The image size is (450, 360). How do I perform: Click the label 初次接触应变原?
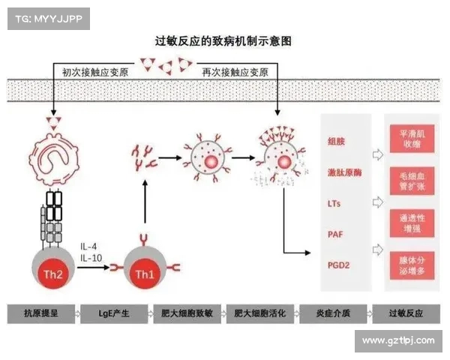pos(90,72)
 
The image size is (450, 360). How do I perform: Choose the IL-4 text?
pos(88,246)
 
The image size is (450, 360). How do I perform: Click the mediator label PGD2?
pos(339,266)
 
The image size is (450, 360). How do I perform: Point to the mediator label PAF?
pos(335,235)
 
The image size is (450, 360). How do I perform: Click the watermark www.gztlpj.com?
pos(398,341)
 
